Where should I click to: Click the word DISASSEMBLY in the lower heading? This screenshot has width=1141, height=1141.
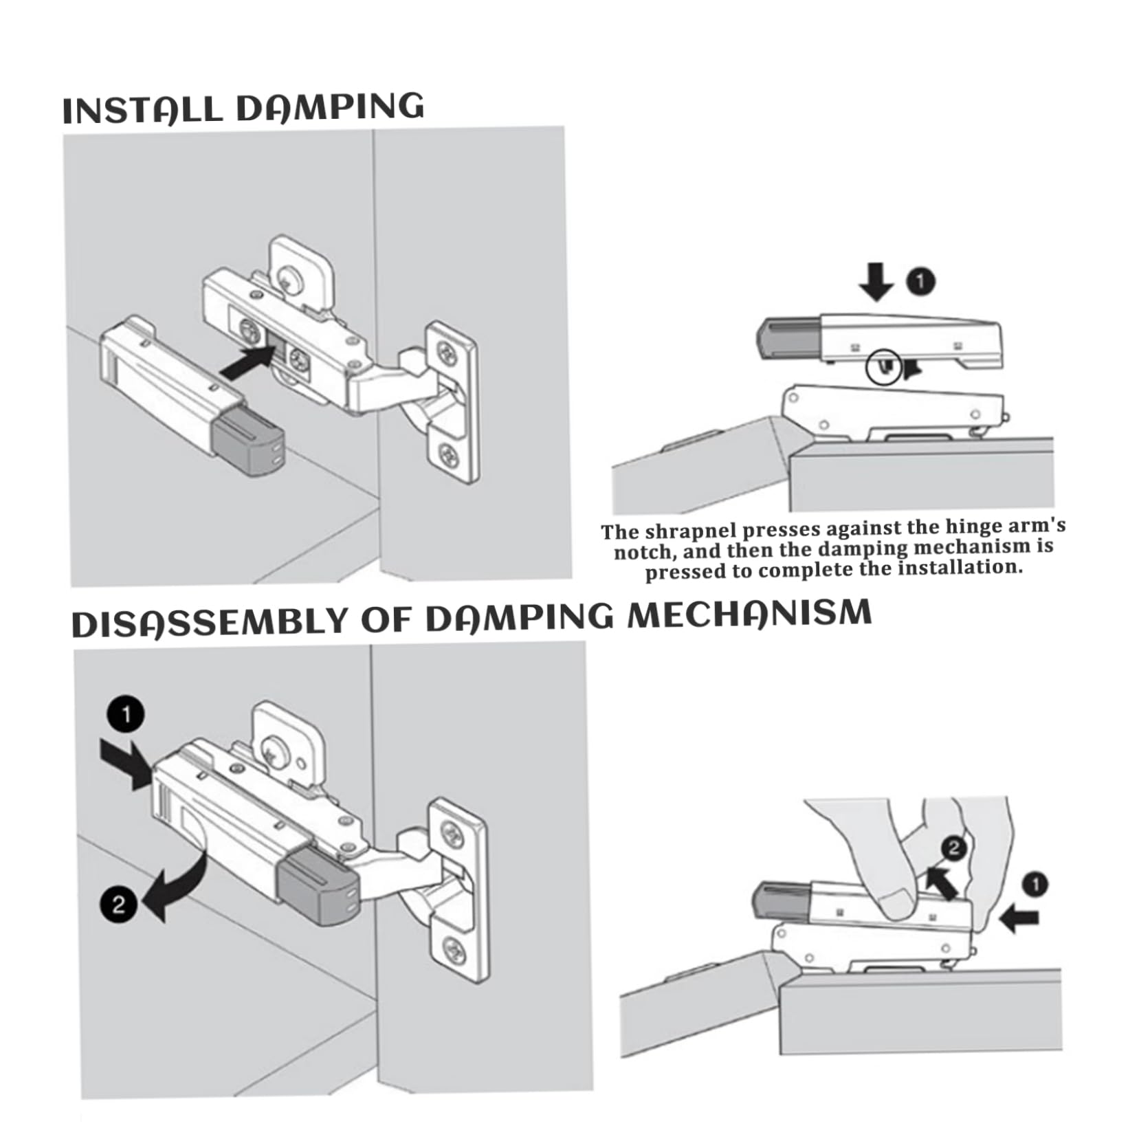coord(212,621)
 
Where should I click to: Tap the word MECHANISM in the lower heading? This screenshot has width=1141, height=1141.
coord(750,613)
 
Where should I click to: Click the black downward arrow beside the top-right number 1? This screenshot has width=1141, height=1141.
coord(876,280)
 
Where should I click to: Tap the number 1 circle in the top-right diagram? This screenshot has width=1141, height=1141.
coord(921,282)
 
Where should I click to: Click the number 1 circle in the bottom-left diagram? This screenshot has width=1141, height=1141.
coord(126,715)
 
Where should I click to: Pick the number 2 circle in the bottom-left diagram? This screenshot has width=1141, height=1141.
coord(119,903)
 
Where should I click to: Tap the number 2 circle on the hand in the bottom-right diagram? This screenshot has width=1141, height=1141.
coord(953,848)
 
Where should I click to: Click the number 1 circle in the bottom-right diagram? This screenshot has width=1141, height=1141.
coord(1036,884)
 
